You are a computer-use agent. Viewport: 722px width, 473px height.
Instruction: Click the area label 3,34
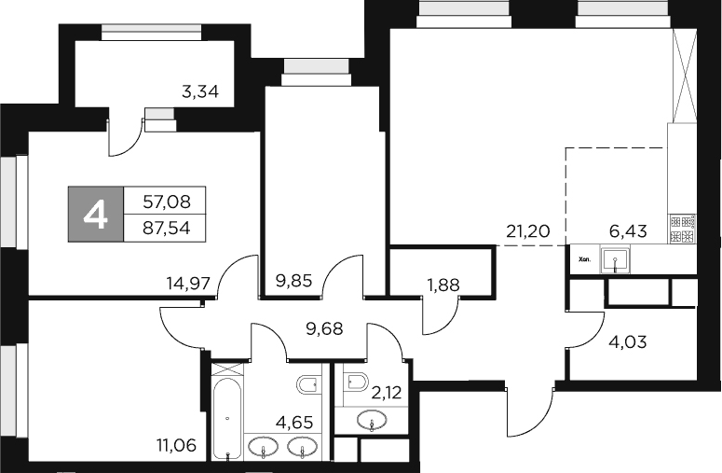(x=199, y=91)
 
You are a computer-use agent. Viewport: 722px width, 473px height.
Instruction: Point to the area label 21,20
(x=527, y=230)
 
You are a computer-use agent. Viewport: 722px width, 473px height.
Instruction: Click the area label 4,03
(x=627, y=341)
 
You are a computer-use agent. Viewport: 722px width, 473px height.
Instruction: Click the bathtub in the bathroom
(x=226, y=418)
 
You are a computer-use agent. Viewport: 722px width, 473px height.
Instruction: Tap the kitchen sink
(x=614, y=259)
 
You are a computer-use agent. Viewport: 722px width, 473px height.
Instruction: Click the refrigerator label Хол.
(x=584, y=260)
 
